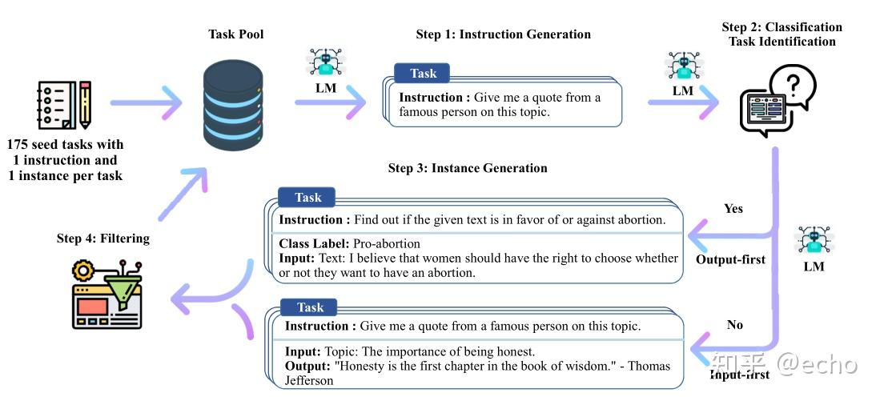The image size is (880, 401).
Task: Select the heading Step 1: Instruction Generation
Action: pos(503,34)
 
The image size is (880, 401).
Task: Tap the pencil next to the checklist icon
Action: pos(84,103)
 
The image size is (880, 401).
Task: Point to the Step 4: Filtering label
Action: pos(103,239)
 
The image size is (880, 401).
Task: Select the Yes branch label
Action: pos(733,209)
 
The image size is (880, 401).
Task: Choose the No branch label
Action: pos(734,325)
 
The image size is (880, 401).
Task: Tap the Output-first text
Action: pos(730,259)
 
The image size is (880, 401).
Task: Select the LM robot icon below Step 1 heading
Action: pos(324,64)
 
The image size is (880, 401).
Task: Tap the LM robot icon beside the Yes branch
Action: pos(814,242)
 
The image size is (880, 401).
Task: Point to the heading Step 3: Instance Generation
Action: pos(467,168)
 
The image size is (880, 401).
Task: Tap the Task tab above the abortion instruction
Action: pos(307,198)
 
